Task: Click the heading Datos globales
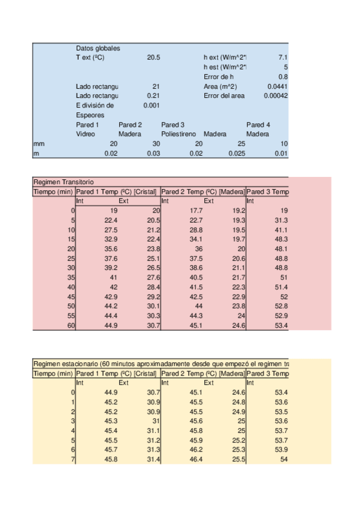point(97,48)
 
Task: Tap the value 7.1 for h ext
point(282,57)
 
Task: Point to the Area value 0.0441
point(277,86)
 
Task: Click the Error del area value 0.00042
point(276,96)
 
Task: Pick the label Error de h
point(219,77)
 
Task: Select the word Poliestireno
point(179,134)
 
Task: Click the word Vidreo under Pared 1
point(86,134)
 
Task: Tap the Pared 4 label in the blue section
point(258,124)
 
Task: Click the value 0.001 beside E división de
point(151,106)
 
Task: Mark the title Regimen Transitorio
point(63,182)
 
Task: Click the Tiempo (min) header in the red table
point(53,191)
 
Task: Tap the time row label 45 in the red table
point(71,297)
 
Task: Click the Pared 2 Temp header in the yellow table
point(202,373)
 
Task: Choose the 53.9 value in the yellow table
point(280,450)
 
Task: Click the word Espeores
point(90,115)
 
